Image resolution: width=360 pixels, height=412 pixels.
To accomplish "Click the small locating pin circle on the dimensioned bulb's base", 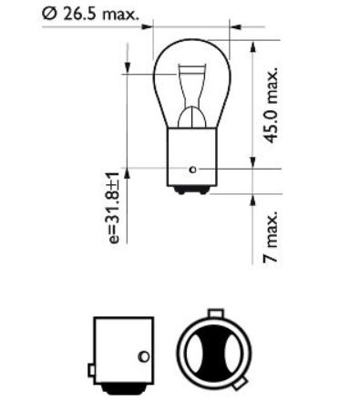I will [192, 169].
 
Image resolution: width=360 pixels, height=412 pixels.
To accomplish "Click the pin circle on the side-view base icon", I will [141, 355].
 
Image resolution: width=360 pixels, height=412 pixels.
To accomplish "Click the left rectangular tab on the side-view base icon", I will [91, 370].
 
